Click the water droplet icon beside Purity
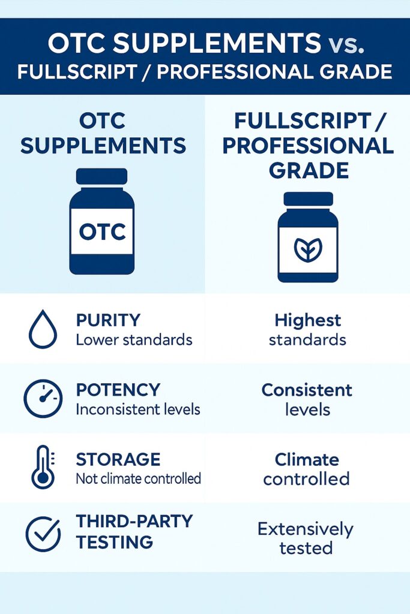pos(43,330)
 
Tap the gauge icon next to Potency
pos(43,399)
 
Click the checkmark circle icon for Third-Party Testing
pos(43,533)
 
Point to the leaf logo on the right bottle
pos(307,248)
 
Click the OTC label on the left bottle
pos(102,231)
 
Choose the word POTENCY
pos(118,390)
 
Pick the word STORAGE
pos(118,459)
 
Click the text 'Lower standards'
pos(134,340)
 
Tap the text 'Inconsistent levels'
pos(138,410)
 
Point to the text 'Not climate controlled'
pos(138,479)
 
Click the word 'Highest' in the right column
pos(307,320)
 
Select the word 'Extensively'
pos(306,529)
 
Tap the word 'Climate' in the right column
pos(307,459)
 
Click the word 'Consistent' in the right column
pos(307,390)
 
